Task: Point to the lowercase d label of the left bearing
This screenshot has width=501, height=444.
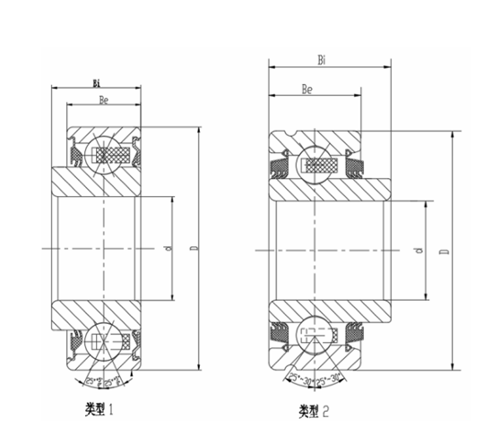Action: pos(168,248)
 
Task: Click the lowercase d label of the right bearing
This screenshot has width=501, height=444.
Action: pos(419,252)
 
